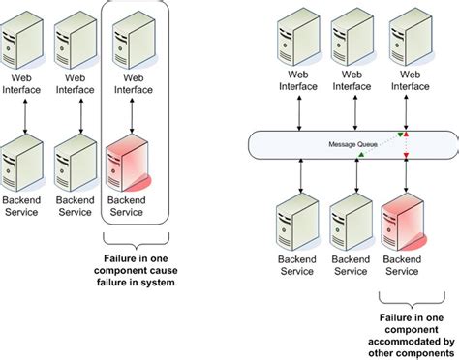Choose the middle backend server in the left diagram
point(75,156)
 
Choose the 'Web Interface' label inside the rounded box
point(132,82)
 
